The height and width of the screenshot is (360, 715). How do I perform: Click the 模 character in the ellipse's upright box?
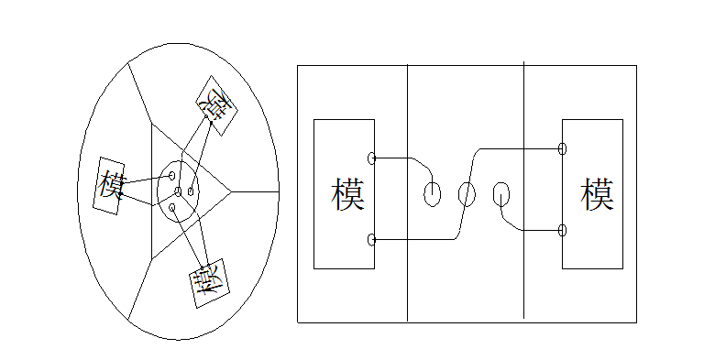tap(109, 186)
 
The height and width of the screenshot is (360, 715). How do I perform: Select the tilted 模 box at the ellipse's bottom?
tap(209, 288)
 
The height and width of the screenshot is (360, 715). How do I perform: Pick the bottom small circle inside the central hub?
tap(171, 207)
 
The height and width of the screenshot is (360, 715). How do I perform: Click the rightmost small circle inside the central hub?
tap(192, 191)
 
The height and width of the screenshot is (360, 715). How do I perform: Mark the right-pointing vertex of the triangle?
tap(231, 191)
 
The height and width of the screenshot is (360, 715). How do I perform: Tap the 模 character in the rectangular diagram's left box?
tap(348, 194)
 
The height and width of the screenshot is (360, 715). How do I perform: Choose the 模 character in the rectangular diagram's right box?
tap(597, 194)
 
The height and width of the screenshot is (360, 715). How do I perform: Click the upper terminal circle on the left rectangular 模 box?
tap(371, 158)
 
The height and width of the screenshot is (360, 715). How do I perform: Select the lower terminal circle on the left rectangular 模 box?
tap(371, 240)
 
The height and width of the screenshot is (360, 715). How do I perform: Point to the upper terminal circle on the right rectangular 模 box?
tap(562, 148)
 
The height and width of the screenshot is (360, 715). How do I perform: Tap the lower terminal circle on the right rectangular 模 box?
tap(562, 230)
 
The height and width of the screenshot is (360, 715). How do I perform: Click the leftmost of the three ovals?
tap(432, 193)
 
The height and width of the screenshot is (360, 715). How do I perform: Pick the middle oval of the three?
tap(466, 193)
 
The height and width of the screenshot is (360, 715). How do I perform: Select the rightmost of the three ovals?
tap(500, 193)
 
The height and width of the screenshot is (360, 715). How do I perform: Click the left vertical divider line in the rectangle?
tap(407, 275)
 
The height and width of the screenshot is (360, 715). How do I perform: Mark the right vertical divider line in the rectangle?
tap(523, 275)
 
